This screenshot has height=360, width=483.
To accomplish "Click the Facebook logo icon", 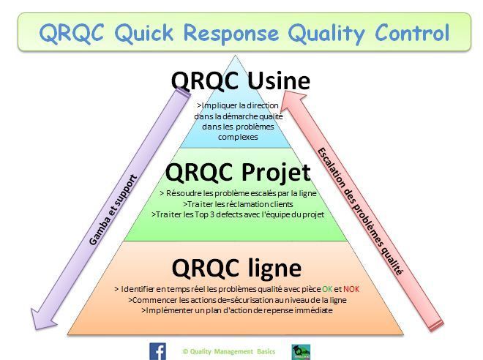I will (x=157, y=350).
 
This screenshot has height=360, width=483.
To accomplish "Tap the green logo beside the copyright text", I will (x=300, y=351).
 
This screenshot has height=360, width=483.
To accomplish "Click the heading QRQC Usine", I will (x=240, y=80).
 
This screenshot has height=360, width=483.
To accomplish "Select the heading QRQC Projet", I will (x=238, y=173).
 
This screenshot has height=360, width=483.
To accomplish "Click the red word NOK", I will (x=351, y=289).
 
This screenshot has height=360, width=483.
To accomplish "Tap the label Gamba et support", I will (x=113, y=209).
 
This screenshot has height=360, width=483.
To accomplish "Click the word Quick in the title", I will (x=142, y=33).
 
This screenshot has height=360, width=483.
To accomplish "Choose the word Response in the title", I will (x=231, y=33).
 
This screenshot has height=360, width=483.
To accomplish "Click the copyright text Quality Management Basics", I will (x=229, y=351).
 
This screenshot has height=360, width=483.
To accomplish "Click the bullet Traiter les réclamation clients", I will (x=237, y=204).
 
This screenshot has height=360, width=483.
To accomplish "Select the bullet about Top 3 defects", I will (x=237, y=214).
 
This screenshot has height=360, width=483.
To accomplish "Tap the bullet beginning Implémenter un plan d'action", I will (x=236, y=310).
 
